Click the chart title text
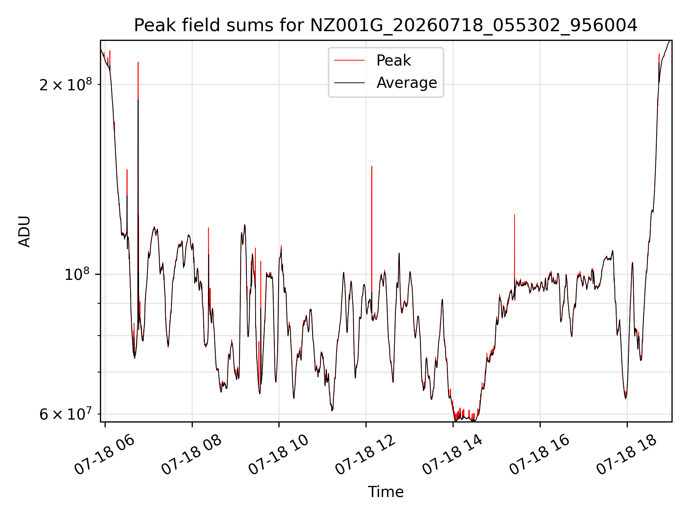click(386, 25)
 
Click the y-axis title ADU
click(24, 231)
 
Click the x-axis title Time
click(386, 492)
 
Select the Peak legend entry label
click(393, 61)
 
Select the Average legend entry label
click(407, 83)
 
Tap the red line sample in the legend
click(350, 61)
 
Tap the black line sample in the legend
click(350, 83)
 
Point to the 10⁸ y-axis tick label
click(77, 274)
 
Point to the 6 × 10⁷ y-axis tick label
click(66, 414)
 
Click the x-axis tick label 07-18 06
click(104, 455)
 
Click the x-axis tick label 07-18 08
click(191, 455)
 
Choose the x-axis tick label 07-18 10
click(278, 455)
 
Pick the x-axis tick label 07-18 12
click(365, 455)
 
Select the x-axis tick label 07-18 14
click(453, 455)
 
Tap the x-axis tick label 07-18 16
click(540, 455)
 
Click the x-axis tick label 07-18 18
click(627, 455)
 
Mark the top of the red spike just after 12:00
click(372, 166)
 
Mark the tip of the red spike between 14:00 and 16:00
click(515, 214)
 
